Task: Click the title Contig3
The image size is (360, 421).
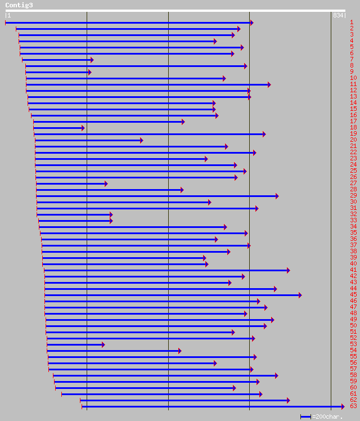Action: tap(19, 5)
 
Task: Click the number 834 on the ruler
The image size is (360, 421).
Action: tap(338, 15)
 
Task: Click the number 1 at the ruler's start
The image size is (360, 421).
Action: tap(9, 15)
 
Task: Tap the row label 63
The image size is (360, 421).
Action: tap(353, 406)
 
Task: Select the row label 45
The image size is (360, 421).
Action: tap(353, 294)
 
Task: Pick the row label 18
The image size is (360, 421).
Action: tap(353, 127)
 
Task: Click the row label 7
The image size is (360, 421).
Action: tap(352, 59)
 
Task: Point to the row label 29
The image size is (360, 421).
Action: tap(353, 195)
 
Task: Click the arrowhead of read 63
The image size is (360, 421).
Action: tap(342, 406)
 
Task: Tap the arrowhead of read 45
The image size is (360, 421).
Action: tap(300, 295)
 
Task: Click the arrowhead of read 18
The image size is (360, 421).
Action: tap(83, 128)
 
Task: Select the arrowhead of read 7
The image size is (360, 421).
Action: tap(92, 60)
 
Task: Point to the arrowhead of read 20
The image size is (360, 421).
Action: tap(141, 140)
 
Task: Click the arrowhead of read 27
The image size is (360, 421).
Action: tap(105, 183)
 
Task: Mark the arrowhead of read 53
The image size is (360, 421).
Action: tap(103, 344)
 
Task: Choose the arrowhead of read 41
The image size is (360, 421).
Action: tap(288, 270)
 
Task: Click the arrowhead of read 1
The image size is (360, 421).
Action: tap(251, 23)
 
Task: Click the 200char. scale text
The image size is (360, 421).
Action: tap(328, 416)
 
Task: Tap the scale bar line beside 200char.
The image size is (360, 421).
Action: tap(305, 416)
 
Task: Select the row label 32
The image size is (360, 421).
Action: tap(353, 214)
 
